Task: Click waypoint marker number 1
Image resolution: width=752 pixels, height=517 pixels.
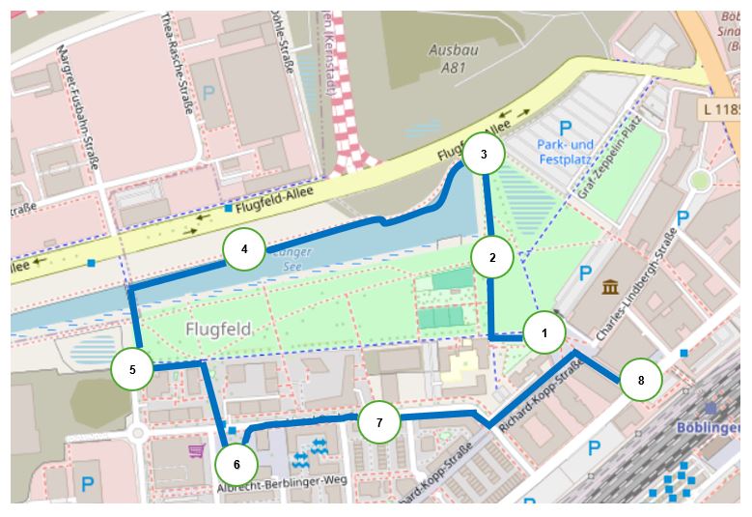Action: tap(544, 333)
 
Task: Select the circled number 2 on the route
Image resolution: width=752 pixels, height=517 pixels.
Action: tap(492, 257)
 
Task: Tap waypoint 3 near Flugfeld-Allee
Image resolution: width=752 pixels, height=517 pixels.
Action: tap(484, 154)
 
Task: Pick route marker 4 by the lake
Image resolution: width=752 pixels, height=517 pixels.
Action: tap(244, 249)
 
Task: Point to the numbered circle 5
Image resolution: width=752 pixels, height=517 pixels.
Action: tap(132, 368)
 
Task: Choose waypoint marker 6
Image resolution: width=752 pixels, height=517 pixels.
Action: tap(237, 464)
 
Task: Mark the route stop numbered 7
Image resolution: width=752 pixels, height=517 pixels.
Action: tap(379, 422)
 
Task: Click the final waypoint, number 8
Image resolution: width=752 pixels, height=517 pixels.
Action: tap(640, 380)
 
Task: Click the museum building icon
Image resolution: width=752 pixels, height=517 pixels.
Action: tap(610, 287)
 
